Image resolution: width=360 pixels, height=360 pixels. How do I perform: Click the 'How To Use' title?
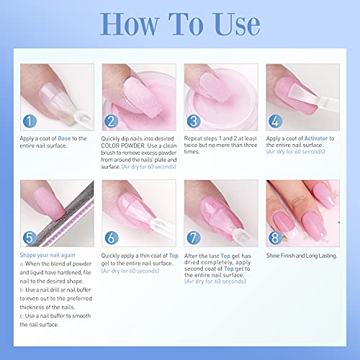[180, 27]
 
